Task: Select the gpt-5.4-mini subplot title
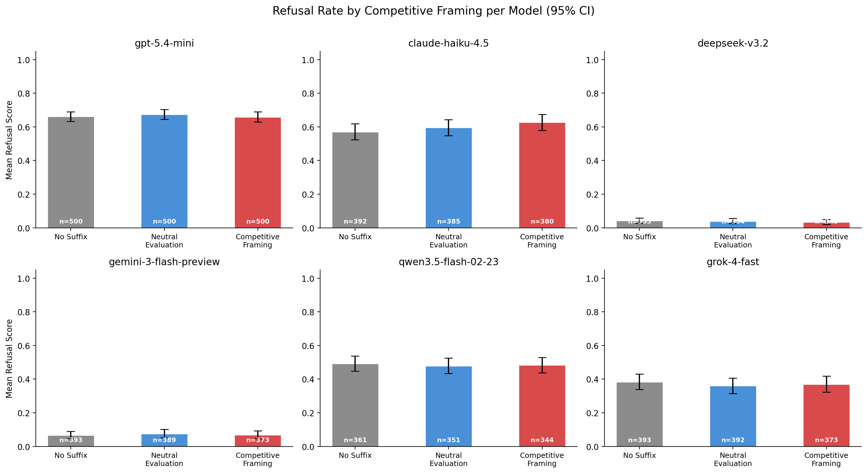(164, 43)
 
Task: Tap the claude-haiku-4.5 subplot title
(448, 43)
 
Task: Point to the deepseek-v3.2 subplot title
(733, 43)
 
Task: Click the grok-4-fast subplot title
(733, 262)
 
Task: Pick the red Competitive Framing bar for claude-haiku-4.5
(542, 175)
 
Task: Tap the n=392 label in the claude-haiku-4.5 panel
(355, 222)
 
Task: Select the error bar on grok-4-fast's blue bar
(733, 386)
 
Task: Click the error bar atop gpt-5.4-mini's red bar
(258, 117)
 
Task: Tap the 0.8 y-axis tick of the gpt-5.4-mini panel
(24, 94)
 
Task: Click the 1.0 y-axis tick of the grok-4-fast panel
(592, 279)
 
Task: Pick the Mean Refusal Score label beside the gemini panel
(9, 358)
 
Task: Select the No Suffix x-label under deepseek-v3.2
(639, 237)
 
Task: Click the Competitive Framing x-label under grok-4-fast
(826, 459)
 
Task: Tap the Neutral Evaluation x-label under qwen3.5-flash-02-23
(448, 459)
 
